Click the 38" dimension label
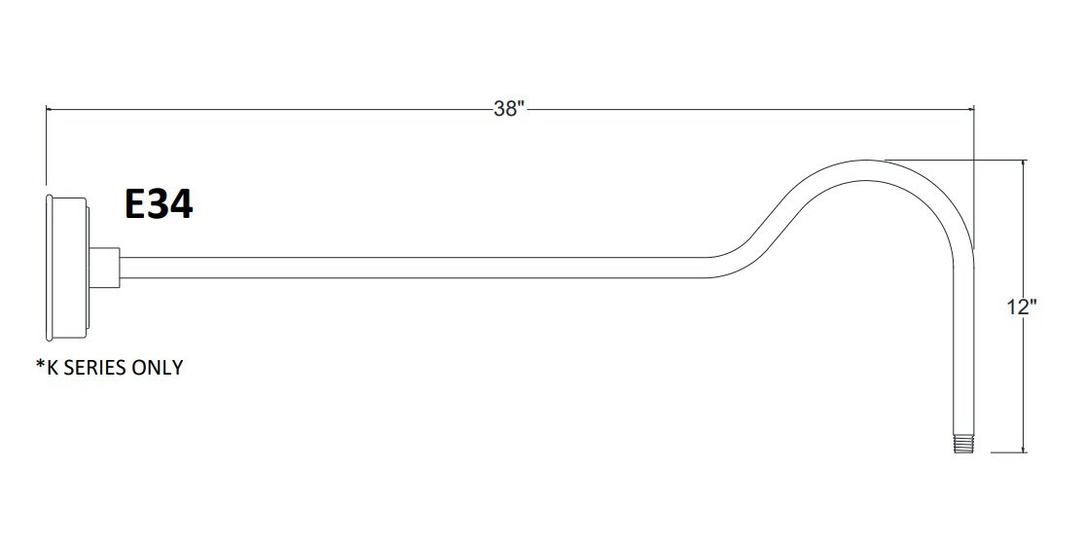coord(508,109)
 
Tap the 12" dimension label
coord(1022,307)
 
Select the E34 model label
coord(159,204)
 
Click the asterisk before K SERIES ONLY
coord(39,366)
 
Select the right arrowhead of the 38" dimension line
coord(970,109)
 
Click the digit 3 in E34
coord(159,204)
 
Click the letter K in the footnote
coord(53,368)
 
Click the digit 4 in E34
coord(181,204)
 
